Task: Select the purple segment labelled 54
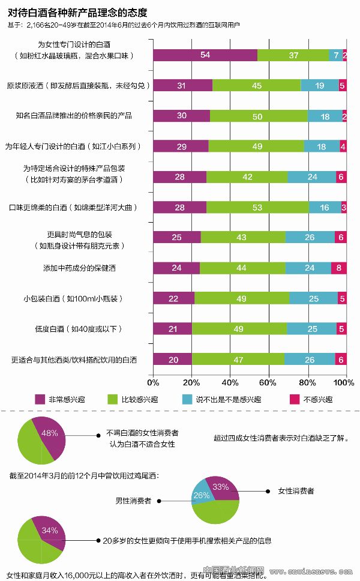205,55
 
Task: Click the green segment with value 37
293,55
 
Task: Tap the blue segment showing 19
320,86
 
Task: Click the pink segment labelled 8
339,268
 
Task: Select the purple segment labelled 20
173,359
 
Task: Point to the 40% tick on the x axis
230,382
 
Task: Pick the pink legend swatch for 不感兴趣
294,399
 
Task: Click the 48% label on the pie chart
49,433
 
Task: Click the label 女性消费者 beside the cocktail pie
295,491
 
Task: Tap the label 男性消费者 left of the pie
133,500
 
